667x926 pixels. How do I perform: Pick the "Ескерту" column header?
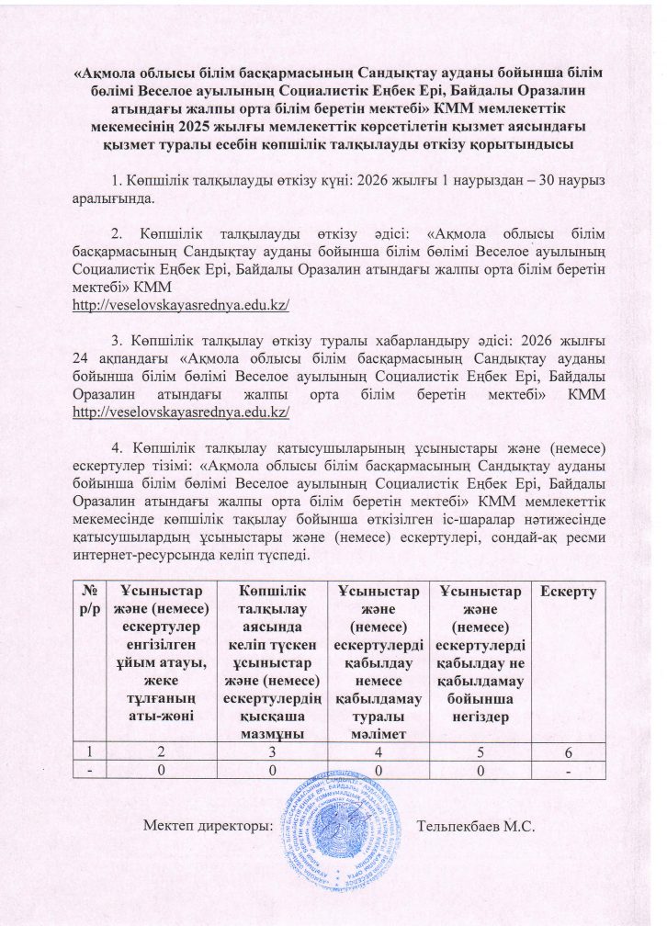click(x=571, y=593)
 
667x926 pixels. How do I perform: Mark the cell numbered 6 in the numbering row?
click(x=571, y=752)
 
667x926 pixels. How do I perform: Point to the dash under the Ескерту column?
click(x=571, y=771)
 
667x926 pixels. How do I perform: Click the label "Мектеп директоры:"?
click(x=209, y=827)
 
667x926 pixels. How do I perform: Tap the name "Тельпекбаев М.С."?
click(x=475, y=827)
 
